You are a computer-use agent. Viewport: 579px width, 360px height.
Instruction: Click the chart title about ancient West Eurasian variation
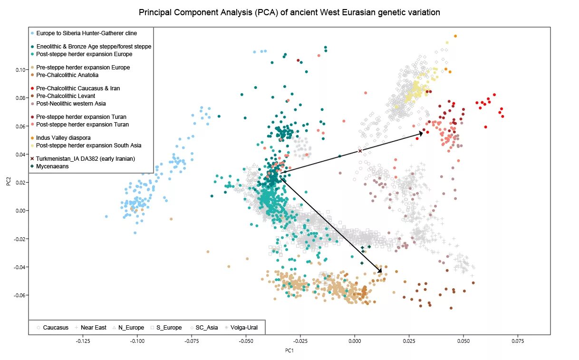pyautogui.click(x=289, y=12)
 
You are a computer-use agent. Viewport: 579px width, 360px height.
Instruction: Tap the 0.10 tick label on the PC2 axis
pyautogui.click(x=20, y=70)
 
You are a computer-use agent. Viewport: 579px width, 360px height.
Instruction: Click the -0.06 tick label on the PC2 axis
pyautogui.click(x=19, y=295)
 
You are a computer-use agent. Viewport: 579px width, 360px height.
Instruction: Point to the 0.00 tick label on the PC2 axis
pyautogui.click(x=20, y=211)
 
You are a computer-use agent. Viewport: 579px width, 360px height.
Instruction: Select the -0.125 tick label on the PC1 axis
pyautogui.click(x=83, y=341)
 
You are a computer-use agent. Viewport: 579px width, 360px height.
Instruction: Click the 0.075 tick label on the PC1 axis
pyautogui.click(x=518, y=341)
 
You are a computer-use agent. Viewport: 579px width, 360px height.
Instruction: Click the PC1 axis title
pyautogui.click(x=289, y=350)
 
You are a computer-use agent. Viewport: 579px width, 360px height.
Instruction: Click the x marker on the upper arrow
pyautogui.click(x=360, y=151)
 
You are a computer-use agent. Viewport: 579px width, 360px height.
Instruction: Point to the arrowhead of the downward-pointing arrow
pyautogui.click(x=380, y=271)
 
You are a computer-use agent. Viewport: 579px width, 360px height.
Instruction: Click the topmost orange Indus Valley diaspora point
pyautogui.click(x=455, y=36)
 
